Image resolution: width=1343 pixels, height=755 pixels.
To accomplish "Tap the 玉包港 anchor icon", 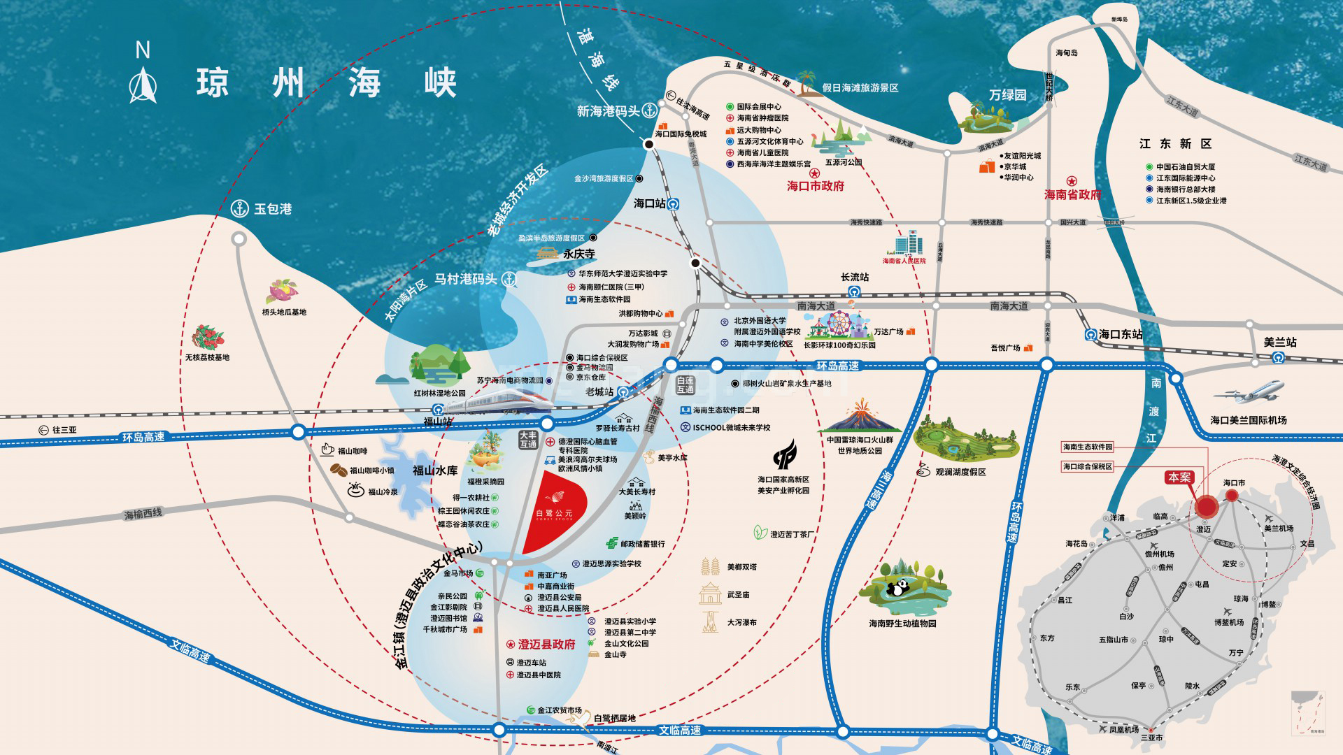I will pos(240,208).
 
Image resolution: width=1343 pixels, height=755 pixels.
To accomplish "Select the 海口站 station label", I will pos(650,203).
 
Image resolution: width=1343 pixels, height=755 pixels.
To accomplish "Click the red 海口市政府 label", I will pos(816,186).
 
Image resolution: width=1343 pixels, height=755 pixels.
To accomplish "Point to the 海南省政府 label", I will pos(1072,194).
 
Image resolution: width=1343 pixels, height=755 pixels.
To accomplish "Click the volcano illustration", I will pos(859,417).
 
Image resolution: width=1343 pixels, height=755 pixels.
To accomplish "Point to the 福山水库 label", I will pos(435,470).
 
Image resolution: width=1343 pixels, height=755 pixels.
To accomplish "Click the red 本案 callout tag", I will pos(1179,477).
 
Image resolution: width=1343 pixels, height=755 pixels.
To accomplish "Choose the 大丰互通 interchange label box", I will pos(528,440).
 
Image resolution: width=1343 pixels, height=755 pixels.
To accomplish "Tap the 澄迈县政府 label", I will pos(546,644).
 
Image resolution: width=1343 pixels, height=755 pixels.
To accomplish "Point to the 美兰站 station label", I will pos(1280,342).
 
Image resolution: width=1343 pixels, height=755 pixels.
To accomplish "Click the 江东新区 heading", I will pos(1175,143).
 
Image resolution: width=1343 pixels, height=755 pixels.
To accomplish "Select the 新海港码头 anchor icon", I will pos(650,110).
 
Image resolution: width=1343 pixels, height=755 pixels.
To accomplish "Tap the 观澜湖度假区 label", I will pos(960,472).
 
